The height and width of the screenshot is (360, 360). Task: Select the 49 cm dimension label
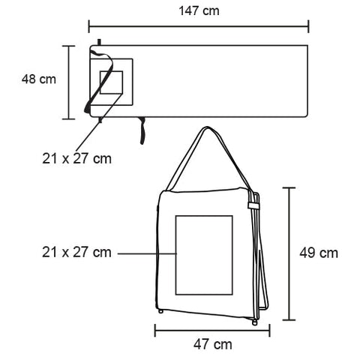[319, 253]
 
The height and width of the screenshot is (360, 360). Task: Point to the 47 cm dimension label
[212, 345]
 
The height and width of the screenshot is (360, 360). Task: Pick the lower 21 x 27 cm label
[76, 252]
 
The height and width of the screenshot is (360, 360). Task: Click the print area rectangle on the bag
[204, 253]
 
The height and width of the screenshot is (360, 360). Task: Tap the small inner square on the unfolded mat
[111, 82]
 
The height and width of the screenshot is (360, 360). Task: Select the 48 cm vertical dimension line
[68, 82]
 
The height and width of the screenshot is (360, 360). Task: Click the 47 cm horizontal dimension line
[212, 328]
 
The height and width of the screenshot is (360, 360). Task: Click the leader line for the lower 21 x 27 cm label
[146, 253]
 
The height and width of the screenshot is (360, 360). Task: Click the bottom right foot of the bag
[255, 322]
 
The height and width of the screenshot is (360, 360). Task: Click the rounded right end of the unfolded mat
[307, 81]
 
